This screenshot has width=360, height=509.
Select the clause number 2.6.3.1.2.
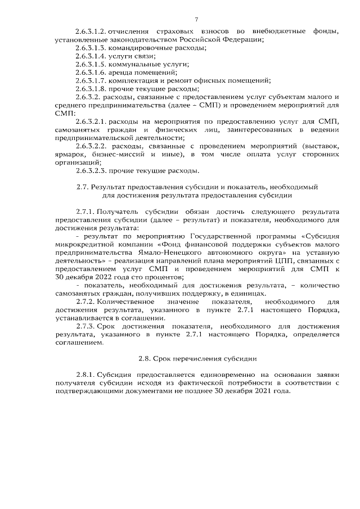pyautogui.click(x=91, y=30)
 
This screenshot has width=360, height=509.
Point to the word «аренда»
pyautogui.click(x=121, y=73)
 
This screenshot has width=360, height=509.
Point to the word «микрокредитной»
pyautogui.click(x=86, y=245)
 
